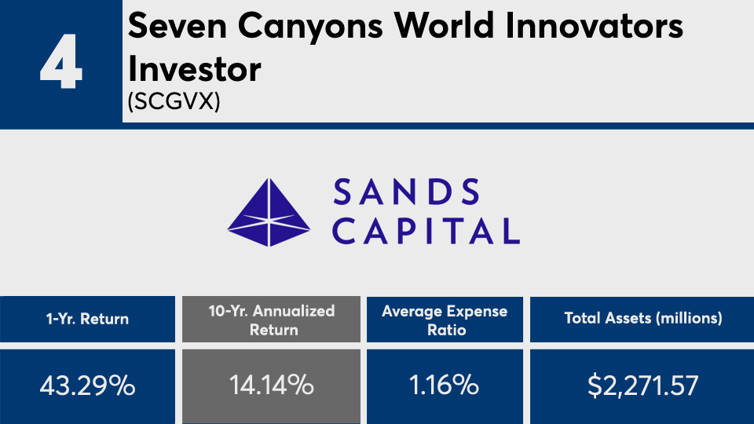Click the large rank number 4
(61, 61)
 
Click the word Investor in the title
(194, 69)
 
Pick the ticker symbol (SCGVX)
(174, 101)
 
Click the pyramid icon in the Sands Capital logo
(269, 213)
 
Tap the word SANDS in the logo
(406, 192)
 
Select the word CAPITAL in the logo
(426, 231)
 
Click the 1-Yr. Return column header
(87, 320)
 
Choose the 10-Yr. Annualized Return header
(272, 320)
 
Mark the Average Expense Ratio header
(445, 320)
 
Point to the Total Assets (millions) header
(643, 318)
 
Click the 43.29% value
(87, 386)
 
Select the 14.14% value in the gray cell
(272, 386)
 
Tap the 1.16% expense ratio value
(444, 386)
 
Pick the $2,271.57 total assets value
(643, 386)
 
